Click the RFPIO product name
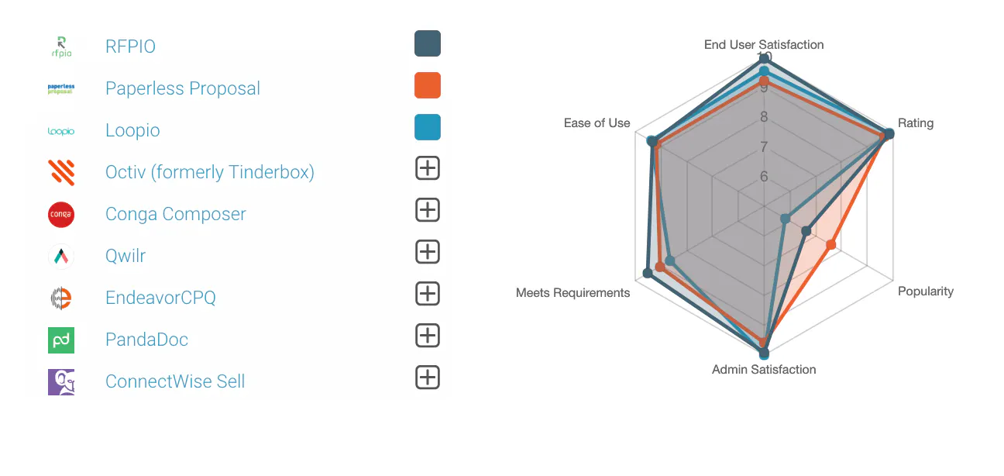pos(130,47)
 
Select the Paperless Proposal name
pos(182,88)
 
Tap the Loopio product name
pos(132,130)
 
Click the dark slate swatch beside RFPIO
pos(428,43)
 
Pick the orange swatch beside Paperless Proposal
pos(428,85)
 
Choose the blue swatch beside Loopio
pos(428,127)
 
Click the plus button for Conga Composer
pos(428,210)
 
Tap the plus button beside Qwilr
pos(428,252)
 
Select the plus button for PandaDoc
pos(428,336)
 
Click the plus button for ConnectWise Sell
pos(428,378)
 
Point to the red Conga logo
pos(61,214)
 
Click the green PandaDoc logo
pos(61,340)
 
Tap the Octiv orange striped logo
pos(61,171)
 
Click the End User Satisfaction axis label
pos(763,45)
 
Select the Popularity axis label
pos(925,291)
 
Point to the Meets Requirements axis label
pos(572,293)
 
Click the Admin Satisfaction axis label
pos(763,370)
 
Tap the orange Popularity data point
pos(830,246)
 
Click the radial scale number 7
pos(764,147)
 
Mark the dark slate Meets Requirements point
pos(648,273)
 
